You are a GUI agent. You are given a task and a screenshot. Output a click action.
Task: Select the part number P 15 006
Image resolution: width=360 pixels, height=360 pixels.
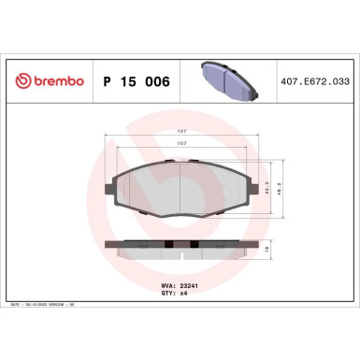[135, 82]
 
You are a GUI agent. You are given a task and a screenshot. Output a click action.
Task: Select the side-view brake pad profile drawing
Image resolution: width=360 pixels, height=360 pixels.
[180, 251]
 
